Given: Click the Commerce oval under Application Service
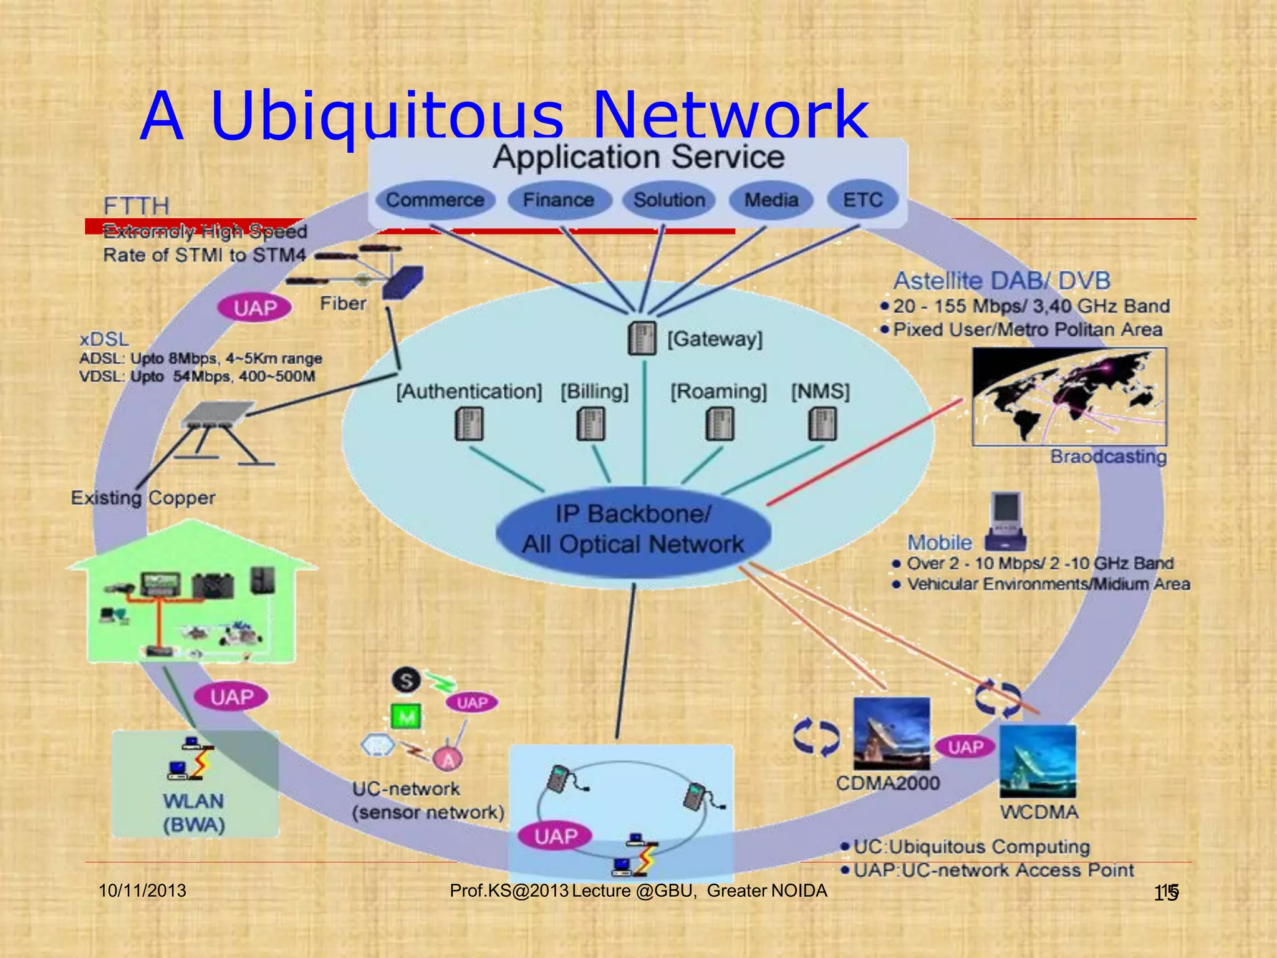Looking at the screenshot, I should (x=435, y=200).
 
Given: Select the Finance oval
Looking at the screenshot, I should (x=558, y=200).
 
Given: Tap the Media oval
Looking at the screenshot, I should (x=771, y=200).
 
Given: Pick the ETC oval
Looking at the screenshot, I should (x=863, y=200).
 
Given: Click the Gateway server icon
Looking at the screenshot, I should (x=642, y=339).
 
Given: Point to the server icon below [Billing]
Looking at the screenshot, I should (x=590, y=424).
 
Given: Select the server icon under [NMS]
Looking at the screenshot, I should (x=822, y=424).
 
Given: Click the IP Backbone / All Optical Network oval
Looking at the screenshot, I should (x=633, y=530).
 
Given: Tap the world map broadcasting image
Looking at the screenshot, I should (x=1069, y=396).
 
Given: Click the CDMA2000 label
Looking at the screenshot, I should (x=887, y=783).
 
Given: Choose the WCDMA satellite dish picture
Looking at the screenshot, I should (x=1038, y=761).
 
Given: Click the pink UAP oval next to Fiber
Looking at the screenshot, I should (x=255, y=307).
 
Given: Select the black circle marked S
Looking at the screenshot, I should (x=406, y=680).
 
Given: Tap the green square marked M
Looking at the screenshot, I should (x=406, y=717).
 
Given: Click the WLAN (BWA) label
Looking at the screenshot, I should (x=194, y=813).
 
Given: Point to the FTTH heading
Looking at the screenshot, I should (x=136, y=206).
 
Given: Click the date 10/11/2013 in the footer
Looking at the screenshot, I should (x=143, y=891).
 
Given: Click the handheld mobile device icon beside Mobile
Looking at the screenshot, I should (x=1006, y=522).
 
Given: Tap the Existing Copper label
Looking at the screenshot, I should (x=143, y=498).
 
